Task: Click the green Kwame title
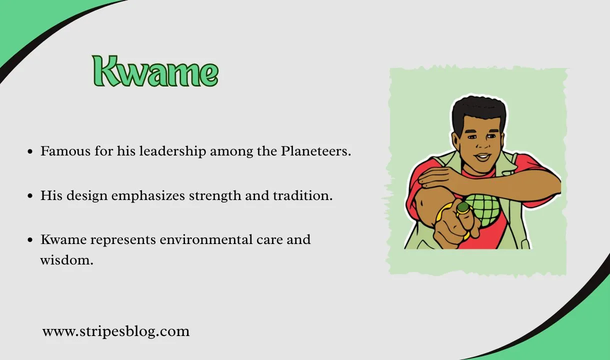point(155,71)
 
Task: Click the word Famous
point(65,151)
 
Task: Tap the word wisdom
point(67,260)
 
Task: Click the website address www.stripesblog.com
point(116,331)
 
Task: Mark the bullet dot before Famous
point(30,151)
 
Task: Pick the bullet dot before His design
point(30,195)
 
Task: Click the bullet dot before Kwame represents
point(30,239)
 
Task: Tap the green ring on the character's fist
point(462,207)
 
